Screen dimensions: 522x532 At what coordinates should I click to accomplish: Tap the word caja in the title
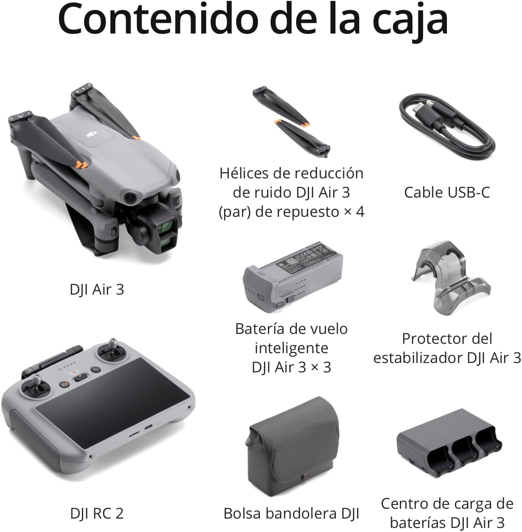(410, 22)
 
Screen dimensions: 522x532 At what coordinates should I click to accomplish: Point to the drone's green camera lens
(167, 226)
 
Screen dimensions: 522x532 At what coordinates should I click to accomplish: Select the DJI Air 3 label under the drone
(97, 289)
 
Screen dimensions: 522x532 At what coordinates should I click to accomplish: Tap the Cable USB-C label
(447, 192)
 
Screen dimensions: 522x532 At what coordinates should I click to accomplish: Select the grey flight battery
(293, 274)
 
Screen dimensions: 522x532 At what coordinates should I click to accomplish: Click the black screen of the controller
(112, 403)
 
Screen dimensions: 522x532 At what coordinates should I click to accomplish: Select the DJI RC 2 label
(97, 513)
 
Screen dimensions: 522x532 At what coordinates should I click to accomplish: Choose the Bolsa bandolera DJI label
(291, 513)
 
